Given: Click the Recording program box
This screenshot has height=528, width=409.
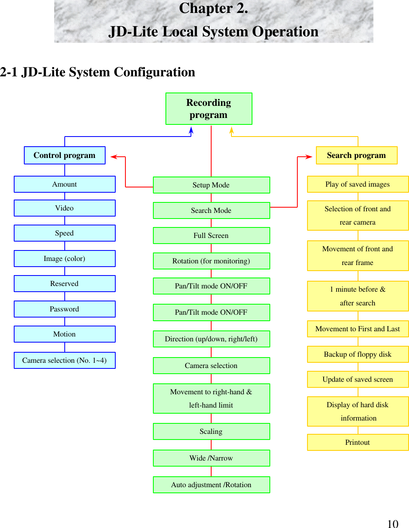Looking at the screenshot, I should click(x=209, y=109).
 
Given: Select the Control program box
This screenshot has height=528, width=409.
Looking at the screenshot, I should click(x=65, y=156).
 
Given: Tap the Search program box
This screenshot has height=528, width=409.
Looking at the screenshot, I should click(x=356, y=156).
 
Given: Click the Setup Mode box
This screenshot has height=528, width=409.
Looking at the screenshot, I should click(x=211, y=185).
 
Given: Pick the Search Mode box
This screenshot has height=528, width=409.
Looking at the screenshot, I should click(x=211, y=210).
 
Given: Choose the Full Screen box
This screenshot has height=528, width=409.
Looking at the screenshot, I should click(x=211, y=236).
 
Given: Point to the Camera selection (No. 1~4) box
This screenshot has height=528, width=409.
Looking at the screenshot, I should click(x=65, y=360).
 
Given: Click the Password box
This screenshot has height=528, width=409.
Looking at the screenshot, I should click(x=65, y=309).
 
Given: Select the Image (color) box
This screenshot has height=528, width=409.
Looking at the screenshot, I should click(x=65, y=259).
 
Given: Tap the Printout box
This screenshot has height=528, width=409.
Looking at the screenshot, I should click(x=358, y=442).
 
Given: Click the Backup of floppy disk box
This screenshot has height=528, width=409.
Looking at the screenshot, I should click(x=358, y=354).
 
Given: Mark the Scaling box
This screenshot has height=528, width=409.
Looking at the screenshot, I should click(x=211, y=431).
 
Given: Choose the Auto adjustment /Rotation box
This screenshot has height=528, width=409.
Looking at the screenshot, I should click(x=211, y=485).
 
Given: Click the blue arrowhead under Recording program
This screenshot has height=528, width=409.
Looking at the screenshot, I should click(x=191, y=130).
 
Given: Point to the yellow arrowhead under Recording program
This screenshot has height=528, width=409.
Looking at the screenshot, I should click(x=231, y=130).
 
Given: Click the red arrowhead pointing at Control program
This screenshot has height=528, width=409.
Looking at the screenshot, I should click(x=114, y=157).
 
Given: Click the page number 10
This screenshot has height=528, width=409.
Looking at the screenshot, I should click(x=392, y=524).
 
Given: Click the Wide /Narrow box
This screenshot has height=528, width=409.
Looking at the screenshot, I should click(x=211, y=458).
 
